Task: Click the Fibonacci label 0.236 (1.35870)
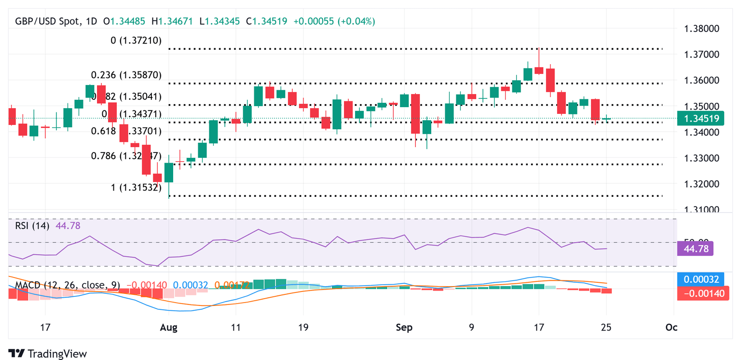126,75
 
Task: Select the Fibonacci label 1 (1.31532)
136,188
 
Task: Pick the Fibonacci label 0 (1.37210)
136,41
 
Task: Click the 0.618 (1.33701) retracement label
127,131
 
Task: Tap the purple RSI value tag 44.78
695,249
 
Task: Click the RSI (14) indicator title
31,225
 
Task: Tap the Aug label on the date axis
168,328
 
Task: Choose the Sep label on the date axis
404,328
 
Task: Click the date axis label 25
606,328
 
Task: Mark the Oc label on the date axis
671,328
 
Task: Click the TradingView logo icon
16,353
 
